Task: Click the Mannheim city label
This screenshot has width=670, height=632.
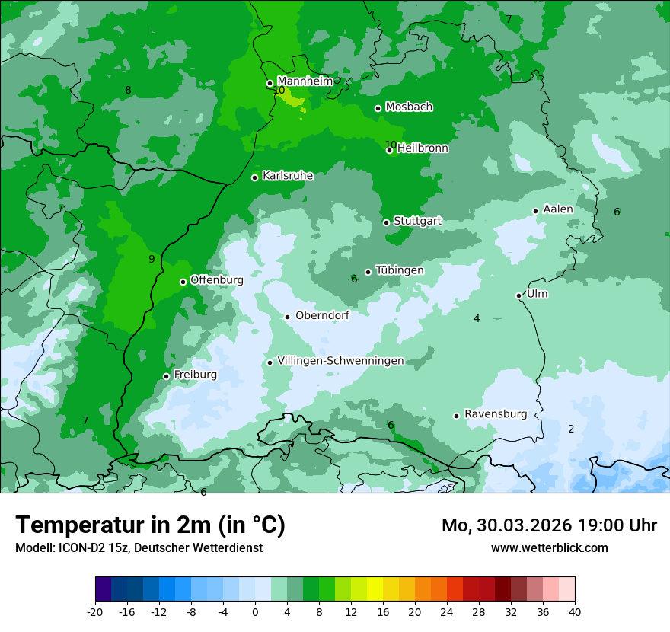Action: (x=305, y=81)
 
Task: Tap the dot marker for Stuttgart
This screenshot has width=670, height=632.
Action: (x=386, y=222)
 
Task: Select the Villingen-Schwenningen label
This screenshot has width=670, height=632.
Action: (x=340, y=361)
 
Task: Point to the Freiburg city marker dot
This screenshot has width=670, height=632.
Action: (x=166, y=376)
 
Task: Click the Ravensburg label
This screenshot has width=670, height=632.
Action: (x=496, y=414)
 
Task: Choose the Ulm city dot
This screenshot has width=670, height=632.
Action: (x=518, y=295)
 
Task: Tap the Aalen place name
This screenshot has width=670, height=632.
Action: (x=558, y=209)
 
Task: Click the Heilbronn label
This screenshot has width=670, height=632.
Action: (x=423, y=148)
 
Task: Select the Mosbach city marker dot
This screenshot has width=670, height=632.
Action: (x=378, y=108)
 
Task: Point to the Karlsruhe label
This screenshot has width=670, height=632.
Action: (x=288, y=176)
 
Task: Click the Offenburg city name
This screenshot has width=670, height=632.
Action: (x=217, y=280)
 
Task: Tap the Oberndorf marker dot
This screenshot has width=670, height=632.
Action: (x=287, y=317)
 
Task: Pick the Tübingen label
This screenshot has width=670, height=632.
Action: (x=400, y=270)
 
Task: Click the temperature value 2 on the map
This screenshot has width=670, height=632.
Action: (x=571, y=429)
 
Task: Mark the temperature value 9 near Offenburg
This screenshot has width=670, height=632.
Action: (x=152, y=259)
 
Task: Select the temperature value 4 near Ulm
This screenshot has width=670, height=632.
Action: (x=477, y=318)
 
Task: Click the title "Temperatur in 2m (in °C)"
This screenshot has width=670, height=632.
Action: (x=150, y=525)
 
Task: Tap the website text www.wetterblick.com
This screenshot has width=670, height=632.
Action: (x=549, y=547)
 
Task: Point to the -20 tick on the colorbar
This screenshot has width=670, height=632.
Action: (x=95, y=611)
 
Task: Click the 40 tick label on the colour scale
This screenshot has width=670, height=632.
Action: (x=575, y=611)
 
